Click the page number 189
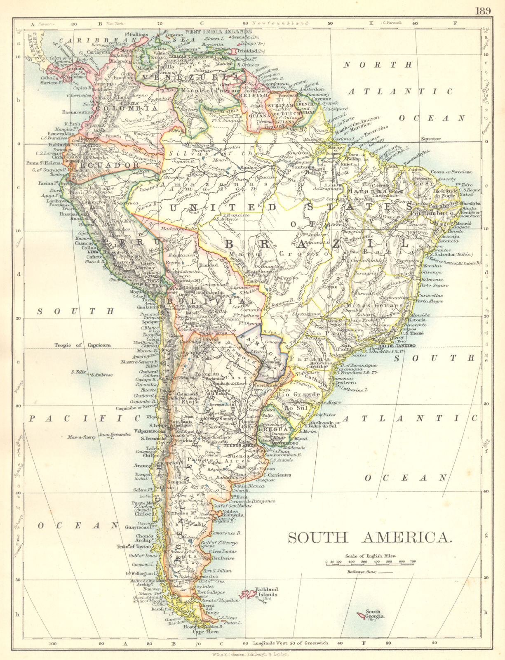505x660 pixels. (483, 10)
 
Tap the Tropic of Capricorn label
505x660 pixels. (83, 345)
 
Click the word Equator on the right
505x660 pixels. (430, 139)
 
